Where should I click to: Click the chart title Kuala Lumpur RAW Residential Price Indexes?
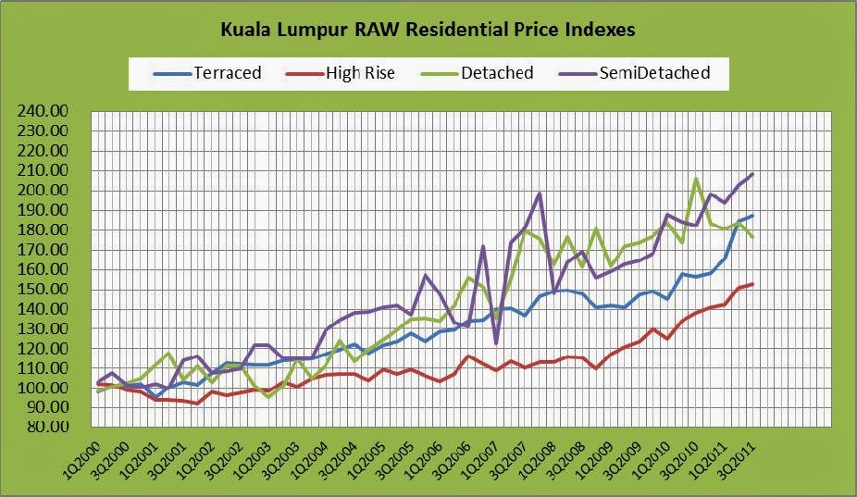[428, 30]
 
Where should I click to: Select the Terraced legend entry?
[226, 72]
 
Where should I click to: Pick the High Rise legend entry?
[359, 72]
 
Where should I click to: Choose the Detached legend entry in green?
[496, 72]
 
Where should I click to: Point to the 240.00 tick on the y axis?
[43, 111]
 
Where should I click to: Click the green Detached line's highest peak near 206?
[696, 179]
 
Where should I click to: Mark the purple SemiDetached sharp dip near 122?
[496, 344]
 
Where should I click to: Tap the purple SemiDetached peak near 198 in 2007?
[540, 193]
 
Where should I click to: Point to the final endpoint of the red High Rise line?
[751, 284]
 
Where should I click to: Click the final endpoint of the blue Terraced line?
[751, 216]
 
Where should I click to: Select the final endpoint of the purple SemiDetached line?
[751, 174]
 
